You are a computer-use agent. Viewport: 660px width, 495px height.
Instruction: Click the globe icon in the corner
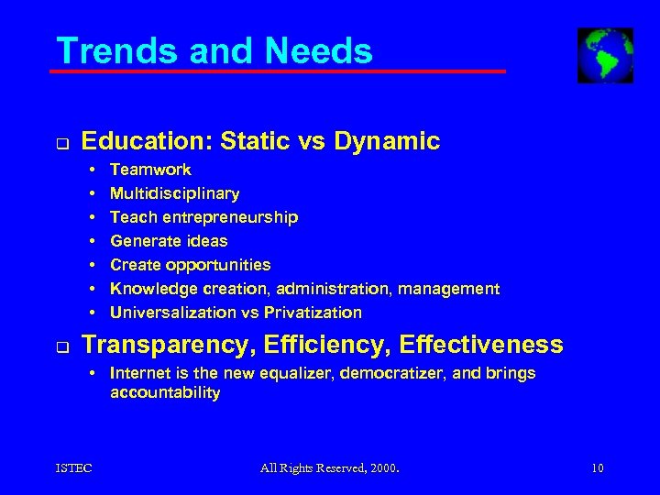point(605,55)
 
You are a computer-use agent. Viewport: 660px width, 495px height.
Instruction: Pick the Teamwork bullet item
point(150,170)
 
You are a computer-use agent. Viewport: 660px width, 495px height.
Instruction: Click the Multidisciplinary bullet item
point(174,193)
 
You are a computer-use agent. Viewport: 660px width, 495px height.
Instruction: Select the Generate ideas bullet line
point(169,241)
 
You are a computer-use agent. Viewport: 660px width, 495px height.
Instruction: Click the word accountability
point(165,392)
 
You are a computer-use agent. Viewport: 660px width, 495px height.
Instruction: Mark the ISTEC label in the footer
point(72,469)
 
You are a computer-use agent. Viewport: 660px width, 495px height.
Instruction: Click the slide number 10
point(598,469)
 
